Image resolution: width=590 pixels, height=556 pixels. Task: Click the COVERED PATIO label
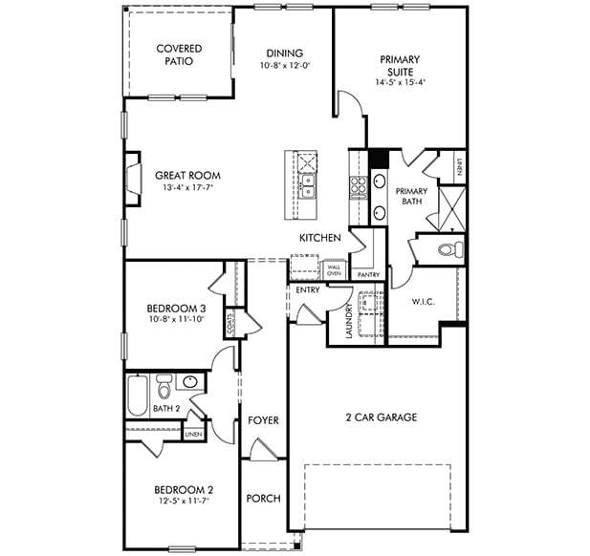click(x=179, y=54)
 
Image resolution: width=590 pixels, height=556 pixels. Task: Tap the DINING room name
click(x=284, y=53)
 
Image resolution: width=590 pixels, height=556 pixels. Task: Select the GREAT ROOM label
click(x=187, y=176)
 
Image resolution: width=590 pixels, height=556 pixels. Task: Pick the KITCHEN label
click(x=319, y=238)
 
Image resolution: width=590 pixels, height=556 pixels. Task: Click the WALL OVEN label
click(x=334, y=270)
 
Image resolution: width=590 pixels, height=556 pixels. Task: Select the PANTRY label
click(x=368, y=275)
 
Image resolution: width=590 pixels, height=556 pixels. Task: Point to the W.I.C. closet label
click(x=424, y=303)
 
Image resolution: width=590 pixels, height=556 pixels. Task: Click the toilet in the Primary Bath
click(x=450, y=250)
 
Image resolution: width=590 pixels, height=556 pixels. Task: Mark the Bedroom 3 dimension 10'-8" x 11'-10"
click(x=175, y=321)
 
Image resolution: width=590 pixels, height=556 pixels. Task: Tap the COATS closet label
click(x=230, y=327)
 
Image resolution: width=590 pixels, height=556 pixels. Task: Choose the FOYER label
click(x=263, y=420)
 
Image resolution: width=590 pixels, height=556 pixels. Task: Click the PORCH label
click(x=263, y=498)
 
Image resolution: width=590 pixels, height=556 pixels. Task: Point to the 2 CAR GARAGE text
click(x=381, y=417)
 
